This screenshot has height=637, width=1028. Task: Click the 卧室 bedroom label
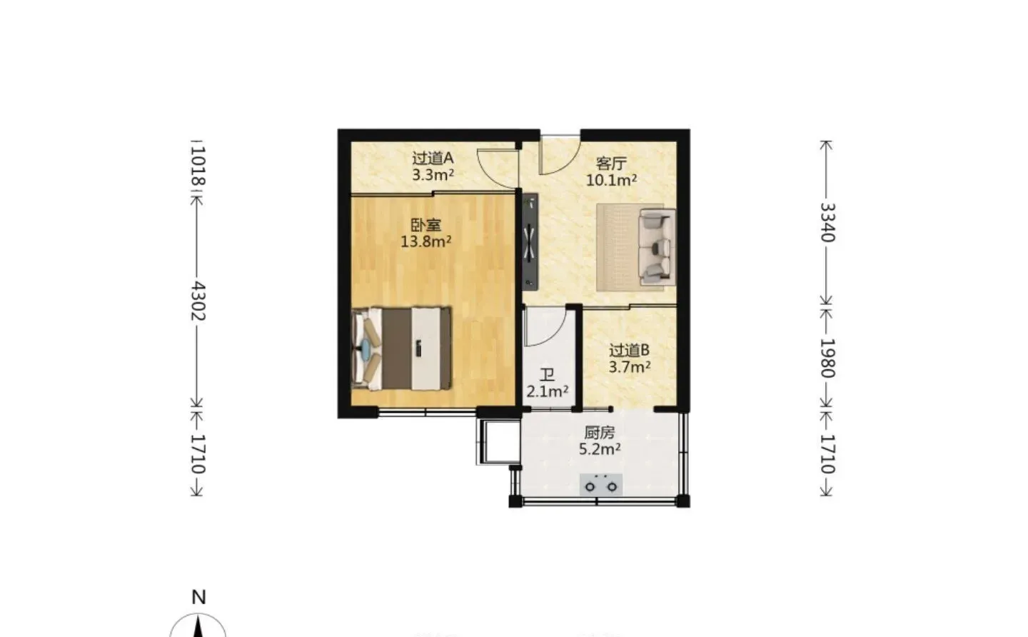point(425,226)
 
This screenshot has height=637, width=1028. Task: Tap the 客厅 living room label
point(611,164)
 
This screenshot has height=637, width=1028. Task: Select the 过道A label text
point(433,159)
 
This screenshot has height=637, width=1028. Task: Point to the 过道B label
point(629,351)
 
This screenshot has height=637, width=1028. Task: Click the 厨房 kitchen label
point(600,433)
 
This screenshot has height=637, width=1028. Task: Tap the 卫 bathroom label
point(547,376)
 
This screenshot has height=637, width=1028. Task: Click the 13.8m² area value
point(426,241)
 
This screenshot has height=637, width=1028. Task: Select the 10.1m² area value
point(611,180)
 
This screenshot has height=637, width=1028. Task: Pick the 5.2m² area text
point(600,449)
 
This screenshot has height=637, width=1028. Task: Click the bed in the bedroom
point(401,348)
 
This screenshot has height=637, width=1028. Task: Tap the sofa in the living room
point(657,247)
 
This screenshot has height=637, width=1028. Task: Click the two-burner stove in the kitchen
point(601,485)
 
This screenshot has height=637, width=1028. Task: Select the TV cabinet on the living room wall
point(530,242)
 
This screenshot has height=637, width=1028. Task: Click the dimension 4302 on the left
point(198,301)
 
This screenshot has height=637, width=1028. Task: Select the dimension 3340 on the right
point(827,222)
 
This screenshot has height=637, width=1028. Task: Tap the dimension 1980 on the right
point(827,358)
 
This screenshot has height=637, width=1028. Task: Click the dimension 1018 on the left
point(198,166)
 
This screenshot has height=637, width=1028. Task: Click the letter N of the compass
point(198,597)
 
